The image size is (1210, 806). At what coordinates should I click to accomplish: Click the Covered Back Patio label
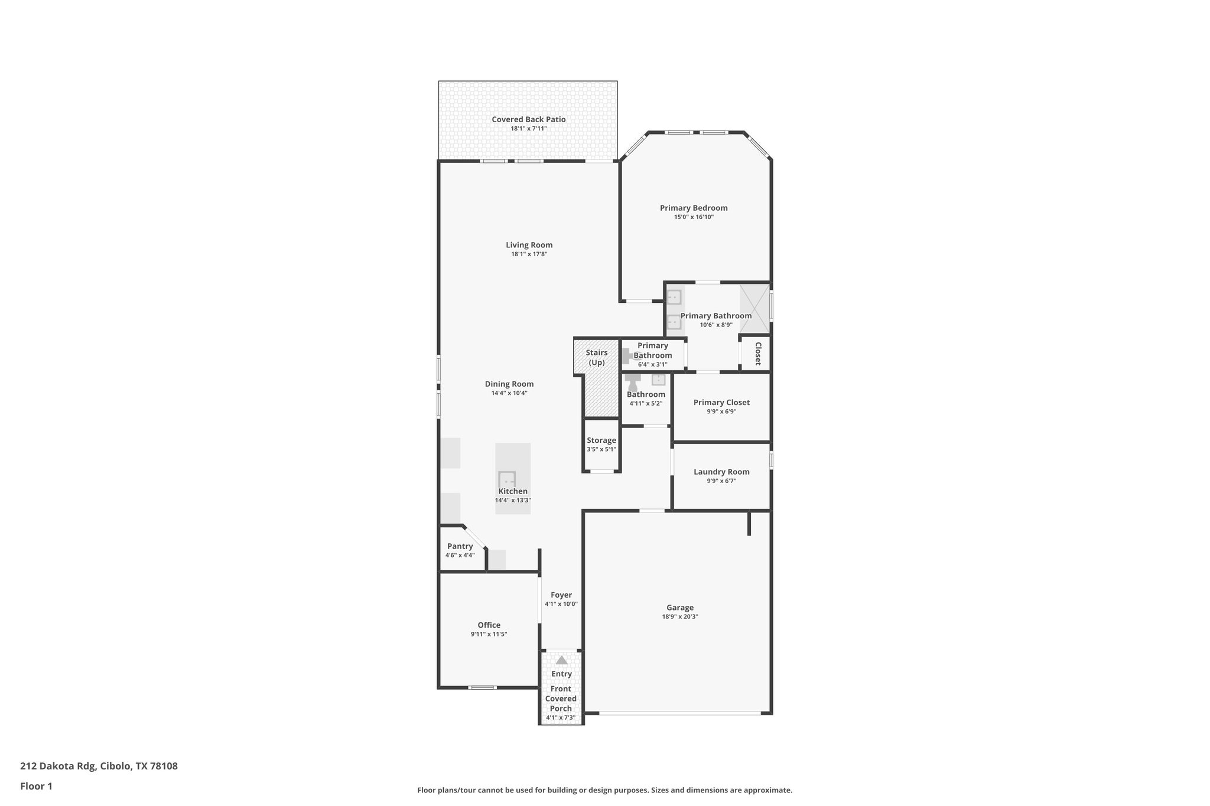528,119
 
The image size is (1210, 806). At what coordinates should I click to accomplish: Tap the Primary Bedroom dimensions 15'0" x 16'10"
694,217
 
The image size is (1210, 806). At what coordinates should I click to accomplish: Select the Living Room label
529,245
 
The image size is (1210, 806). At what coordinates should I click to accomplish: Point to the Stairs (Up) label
596,357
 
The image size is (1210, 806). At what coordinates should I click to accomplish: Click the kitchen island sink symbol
507,480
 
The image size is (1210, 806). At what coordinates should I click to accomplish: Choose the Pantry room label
460,546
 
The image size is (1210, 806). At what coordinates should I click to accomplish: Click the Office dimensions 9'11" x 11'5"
489,634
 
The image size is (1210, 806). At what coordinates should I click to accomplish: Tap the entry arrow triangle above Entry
561,660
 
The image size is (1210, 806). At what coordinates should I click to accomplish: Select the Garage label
680,608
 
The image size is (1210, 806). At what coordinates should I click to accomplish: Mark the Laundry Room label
721,472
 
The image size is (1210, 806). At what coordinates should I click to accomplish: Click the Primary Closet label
721,403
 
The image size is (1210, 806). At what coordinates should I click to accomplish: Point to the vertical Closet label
758,353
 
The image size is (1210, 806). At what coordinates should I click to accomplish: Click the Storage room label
601,440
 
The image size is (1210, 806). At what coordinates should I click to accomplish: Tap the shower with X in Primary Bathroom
754,308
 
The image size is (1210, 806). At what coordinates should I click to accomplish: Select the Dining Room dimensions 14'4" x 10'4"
509,393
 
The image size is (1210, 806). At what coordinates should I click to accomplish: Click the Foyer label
561,595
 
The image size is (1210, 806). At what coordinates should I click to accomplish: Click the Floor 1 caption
36,786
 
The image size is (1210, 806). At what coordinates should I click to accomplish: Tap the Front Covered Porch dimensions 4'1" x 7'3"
561,718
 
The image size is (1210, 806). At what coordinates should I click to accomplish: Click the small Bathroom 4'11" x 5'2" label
646,394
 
